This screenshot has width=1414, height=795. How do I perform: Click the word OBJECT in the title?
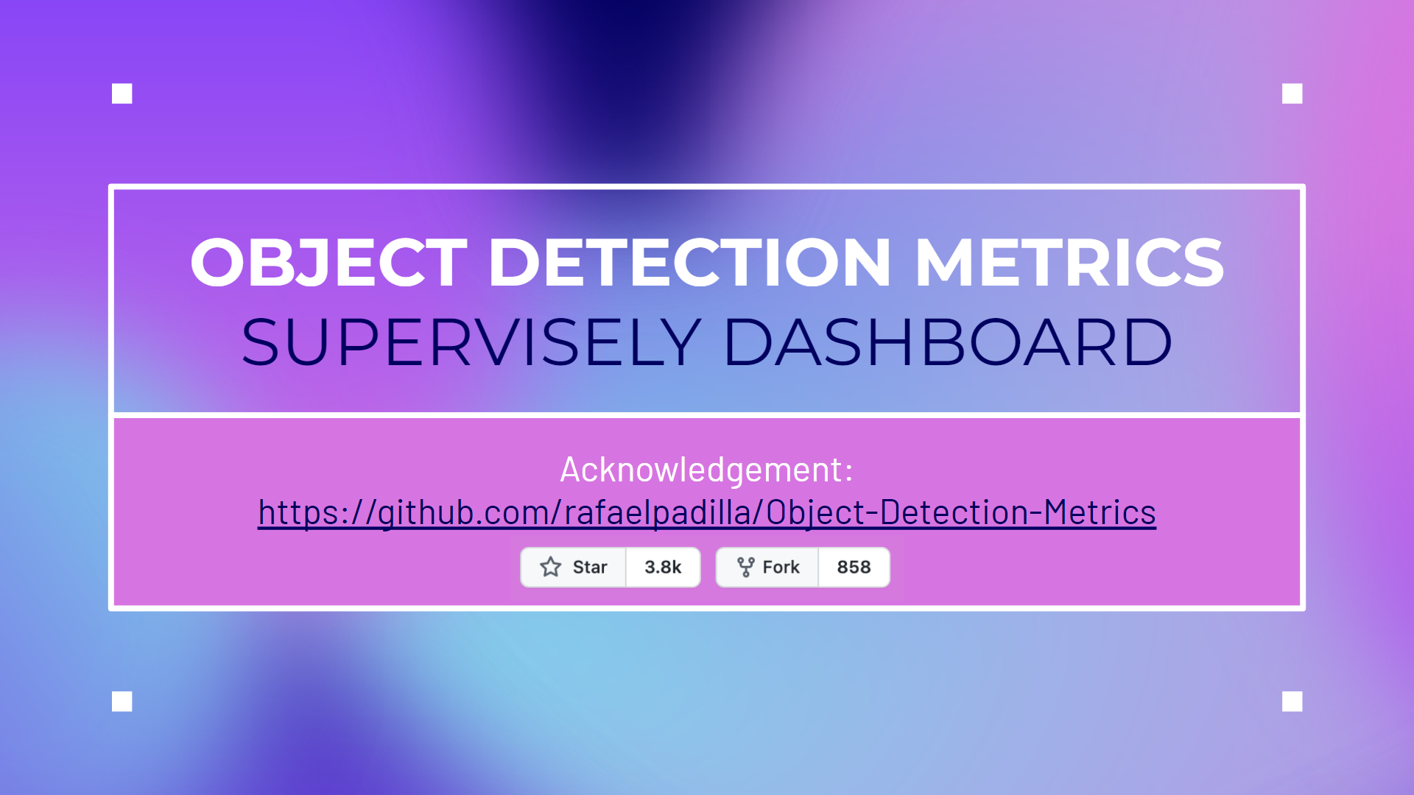click(x=328, y=262)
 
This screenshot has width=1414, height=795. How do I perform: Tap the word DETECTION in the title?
click(x=689, y=262)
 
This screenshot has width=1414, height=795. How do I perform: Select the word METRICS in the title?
click(x=1069, y=262)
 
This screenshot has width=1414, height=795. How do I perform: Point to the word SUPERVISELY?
click(x=471, y=342)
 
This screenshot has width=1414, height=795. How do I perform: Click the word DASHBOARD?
click(x=948, y=342)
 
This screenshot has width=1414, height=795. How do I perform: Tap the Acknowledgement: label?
click(x=707, y=470)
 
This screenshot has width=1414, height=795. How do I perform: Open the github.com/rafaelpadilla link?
click(x=707, y=512)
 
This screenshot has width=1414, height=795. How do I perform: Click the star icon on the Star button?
click(x=551, y=567)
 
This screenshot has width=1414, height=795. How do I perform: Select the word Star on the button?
click(x=590, y=568)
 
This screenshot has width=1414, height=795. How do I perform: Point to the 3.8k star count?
click(x=663, y=568)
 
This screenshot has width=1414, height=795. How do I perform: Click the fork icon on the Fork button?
click(x=746, y=567)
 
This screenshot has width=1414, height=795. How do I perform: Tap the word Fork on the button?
click(x=781, y=568)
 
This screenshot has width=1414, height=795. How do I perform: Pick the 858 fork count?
click(x=854, y=568)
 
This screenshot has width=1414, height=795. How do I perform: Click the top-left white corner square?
click(x=122, y=93)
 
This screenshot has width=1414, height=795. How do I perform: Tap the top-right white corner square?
click(x=1292, y=93)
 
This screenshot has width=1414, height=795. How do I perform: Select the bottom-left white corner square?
click(x=122, y=702)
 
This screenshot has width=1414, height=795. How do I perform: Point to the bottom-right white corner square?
click(x=1292, y=702)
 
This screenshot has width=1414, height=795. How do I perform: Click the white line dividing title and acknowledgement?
click(x=707, y=415)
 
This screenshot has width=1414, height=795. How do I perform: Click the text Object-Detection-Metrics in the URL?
click(x=961, y=512)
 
